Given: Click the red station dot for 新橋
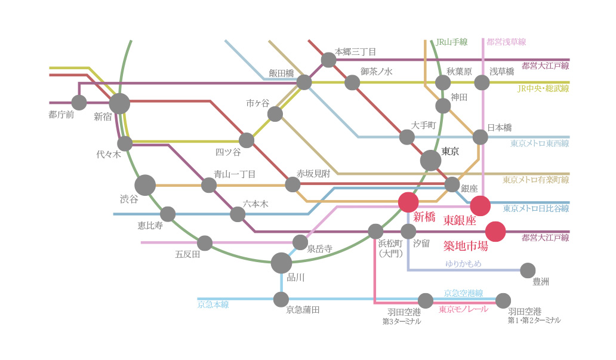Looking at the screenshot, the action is (408, 202).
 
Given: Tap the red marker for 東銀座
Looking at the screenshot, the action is (480, 205).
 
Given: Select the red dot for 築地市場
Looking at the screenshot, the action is (495, 232).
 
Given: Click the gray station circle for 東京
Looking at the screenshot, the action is (430, 161).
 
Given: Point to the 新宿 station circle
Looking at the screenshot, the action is (119, 103).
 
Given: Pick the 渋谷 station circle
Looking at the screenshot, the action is (145, 185).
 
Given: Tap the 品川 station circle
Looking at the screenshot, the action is (281, 263).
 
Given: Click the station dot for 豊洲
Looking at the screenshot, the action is (528, 270).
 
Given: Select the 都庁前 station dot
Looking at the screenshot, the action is (79, 103).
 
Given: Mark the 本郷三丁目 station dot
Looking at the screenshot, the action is (328, 60).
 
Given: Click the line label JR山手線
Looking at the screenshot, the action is (451, 42).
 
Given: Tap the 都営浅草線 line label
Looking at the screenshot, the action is (506, 42).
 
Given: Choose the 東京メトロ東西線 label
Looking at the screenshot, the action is (540, 143).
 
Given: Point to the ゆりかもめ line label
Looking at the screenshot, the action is (463, 263).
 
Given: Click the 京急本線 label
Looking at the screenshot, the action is (213, 304).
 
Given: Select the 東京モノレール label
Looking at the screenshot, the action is (464, 309).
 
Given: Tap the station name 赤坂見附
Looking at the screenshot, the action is (313, 173).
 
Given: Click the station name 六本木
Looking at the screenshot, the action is (255, 204).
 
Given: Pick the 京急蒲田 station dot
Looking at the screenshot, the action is (281, 300).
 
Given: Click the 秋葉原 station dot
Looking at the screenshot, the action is (443, 82).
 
